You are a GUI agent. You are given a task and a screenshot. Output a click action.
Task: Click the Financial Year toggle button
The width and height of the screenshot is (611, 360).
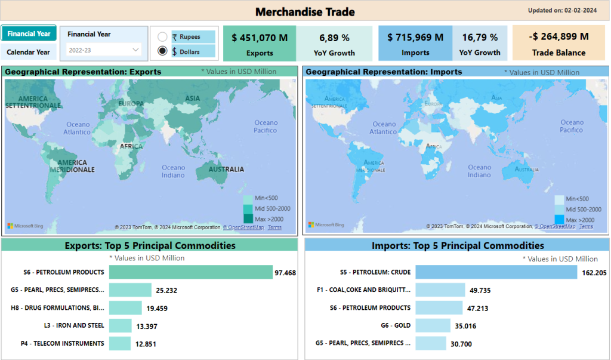click(29, 34)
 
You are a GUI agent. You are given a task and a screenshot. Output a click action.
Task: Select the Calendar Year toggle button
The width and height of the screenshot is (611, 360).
click(29, 52)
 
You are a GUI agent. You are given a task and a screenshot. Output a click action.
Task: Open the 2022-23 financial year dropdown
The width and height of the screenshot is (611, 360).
click(104, 50)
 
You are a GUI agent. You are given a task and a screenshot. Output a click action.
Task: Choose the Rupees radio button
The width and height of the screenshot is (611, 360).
click(162, 37)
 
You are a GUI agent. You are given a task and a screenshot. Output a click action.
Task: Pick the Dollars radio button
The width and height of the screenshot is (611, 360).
click(162, 51)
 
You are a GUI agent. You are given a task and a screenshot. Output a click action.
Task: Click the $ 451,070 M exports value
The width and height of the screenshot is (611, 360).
click(260, 38)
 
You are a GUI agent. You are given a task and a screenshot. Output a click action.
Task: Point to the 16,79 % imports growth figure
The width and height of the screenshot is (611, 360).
click(479, 38)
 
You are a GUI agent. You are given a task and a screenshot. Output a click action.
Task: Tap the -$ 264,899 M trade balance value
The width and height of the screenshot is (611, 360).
click(558, 36)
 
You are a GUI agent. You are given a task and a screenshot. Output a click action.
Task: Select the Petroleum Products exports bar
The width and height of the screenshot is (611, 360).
click(190, 272)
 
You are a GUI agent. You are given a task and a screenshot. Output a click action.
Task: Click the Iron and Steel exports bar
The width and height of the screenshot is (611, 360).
click(120, 325)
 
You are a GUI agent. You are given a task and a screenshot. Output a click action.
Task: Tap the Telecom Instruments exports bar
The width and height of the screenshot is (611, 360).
click(119, 343)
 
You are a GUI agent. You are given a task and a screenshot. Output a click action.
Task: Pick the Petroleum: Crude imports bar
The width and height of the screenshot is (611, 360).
click(496, 272)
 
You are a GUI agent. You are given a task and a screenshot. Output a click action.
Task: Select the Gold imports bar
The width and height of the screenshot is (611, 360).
click(433, 325)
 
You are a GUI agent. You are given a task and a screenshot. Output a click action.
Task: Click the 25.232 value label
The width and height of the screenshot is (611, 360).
click(166, 291)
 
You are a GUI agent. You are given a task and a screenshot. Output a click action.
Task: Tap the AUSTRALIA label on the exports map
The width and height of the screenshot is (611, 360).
click(226, 170)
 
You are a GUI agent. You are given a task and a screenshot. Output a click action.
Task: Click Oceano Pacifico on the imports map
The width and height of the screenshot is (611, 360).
click(572, 126)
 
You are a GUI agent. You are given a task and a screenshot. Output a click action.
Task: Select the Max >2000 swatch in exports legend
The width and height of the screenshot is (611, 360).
click(248, 219)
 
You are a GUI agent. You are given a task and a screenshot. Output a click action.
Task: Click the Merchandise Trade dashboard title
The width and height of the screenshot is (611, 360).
click(305, 12)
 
